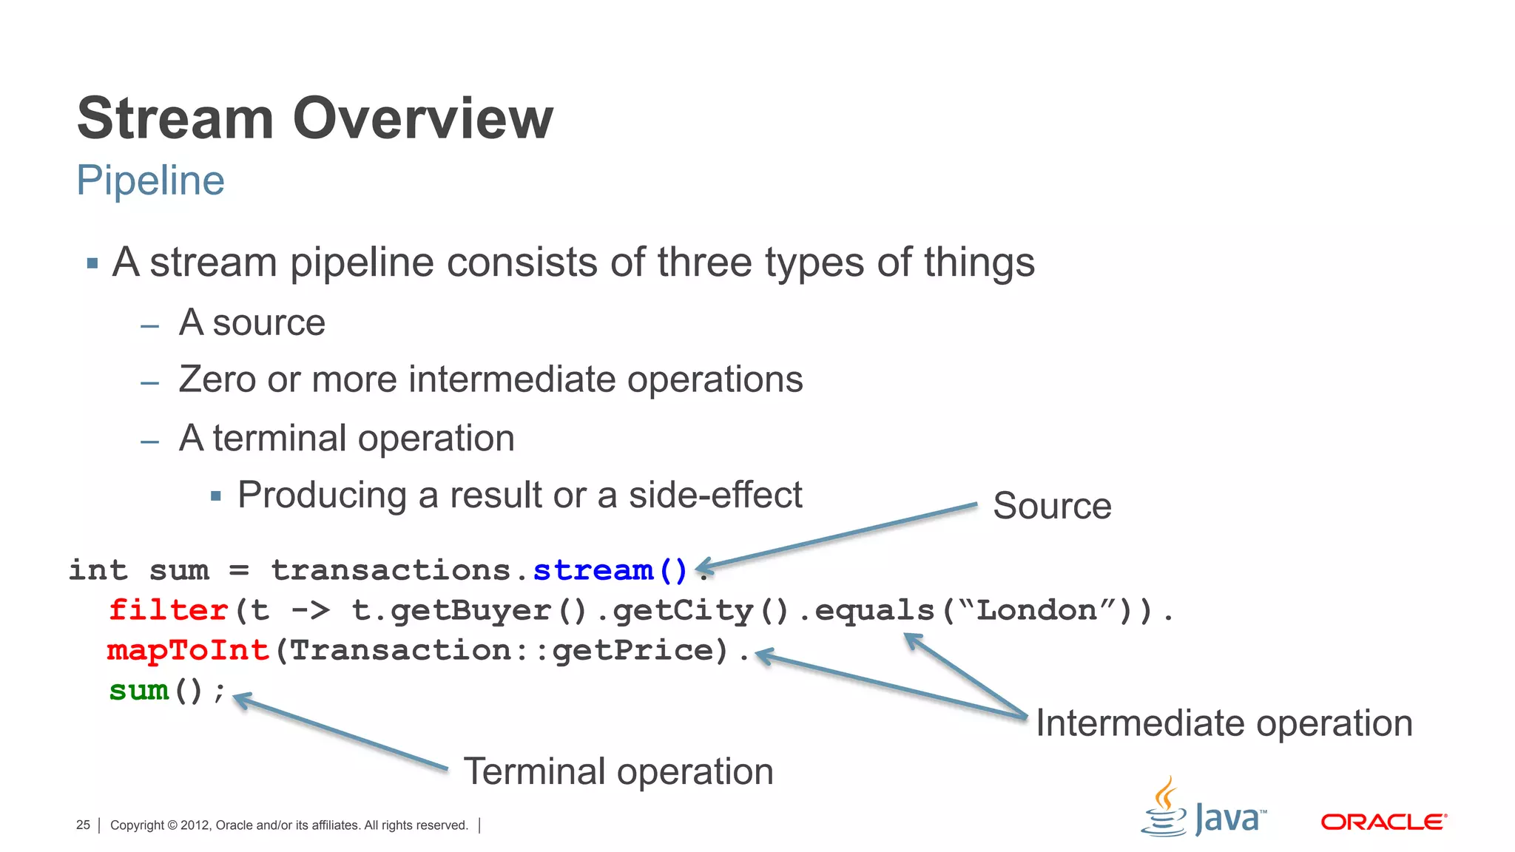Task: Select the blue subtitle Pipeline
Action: (150, 180)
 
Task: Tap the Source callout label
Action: (1051, 507)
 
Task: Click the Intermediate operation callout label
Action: (1224, 723)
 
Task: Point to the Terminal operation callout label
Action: (618, 772)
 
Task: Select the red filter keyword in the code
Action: (168, 610)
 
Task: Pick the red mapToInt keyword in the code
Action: (188, 650)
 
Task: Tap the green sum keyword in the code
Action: (139, 690)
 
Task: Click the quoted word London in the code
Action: (1036, 610)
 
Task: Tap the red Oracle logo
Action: (1383, 822)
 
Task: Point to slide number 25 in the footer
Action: (83, 825)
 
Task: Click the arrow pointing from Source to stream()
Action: (836, 537)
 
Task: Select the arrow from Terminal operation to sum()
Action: (340, 732)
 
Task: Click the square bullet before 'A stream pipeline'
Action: (92, 263)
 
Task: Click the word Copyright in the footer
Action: (137, 825)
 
